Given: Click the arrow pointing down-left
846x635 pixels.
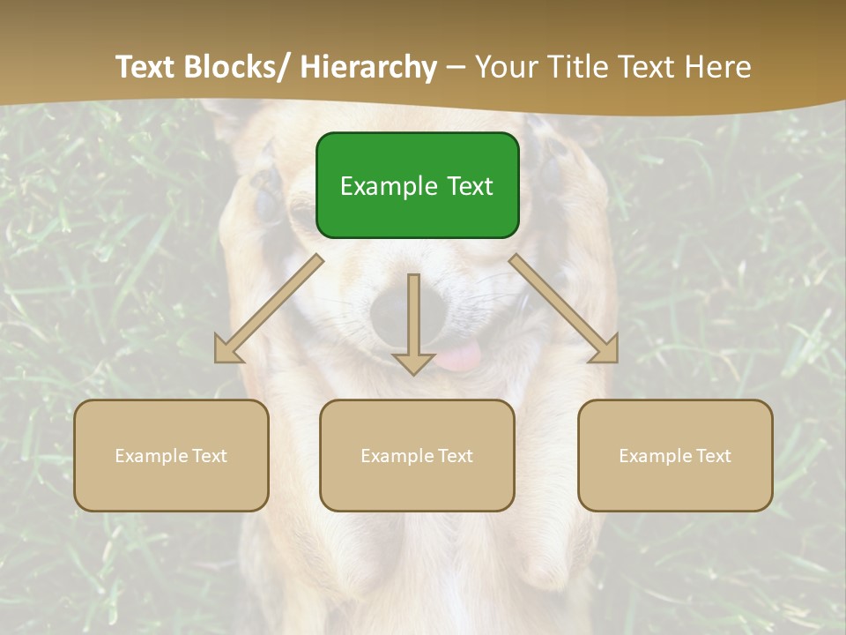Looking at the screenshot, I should tap(268, 309).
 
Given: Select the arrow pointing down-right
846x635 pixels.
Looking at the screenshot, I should tap(564, 309).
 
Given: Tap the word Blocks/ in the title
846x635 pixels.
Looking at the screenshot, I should tap(236, 67).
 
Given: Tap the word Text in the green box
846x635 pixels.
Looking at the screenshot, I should tap(470, 187).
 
